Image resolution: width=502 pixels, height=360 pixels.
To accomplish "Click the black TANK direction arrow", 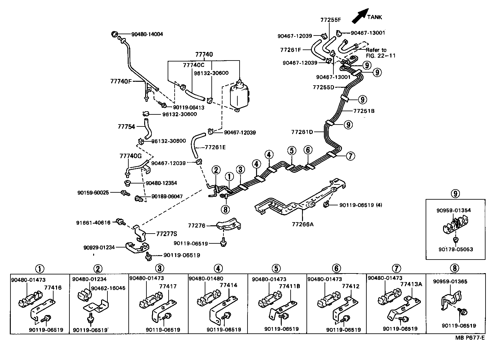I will tap(360, 16).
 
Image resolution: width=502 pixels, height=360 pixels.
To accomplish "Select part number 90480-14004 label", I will tap(146, 34).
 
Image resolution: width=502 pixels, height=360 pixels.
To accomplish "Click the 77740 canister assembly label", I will tap(204, 55).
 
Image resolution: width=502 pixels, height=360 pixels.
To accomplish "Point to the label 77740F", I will tap(121, 81).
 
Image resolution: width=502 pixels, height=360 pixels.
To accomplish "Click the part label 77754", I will tap(126, 126).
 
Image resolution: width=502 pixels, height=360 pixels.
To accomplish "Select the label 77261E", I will tap(216, 147).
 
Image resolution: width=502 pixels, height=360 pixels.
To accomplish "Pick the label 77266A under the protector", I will tap(302, 224).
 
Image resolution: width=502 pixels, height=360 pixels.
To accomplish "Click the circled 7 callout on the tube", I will tap(350, 156).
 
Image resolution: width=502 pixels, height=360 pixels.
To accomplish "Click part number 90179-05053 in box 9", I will tap(455, 249).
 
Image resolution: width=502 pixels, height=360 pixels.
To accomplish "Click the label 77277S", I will tap(166, 234).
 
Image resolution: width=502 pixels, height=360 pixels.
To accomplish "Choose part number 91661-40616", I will tap(93, 223).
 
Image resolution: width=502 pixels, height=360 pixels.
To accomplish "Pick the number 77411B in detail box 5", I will tap(289, 286).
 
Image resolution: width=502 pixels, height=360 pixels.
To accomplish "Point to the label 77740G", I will tap(130, 156).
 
